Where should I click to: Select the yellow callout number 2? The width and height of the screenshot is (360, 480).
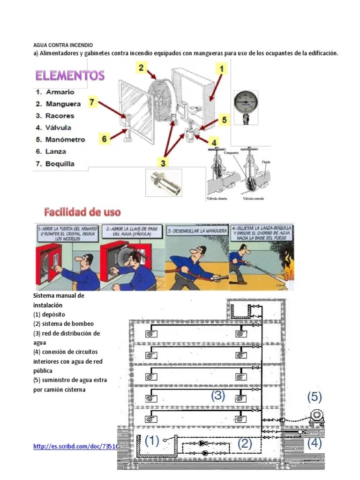click(x=141, y=68)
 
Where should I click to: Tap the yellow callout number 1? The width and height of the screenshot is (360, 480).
click(x=221, y=69)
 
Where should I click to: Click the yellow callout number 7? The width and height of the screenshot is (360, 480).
click(x=92, y=102)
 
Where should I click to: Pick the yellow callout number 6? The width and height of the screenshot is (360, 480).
click(x=105, y=138)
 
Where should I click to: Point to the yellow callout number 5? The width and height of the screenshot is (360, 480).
click(x=224, y=120)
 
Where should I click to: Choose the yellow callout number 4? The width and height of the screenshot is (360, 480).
click(x=213, y=142)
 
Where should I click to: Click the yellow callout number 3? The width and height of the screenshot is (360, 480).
click(x=163, y=163)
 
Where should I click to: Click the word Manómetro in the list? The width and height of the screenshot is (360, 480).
click(x=65, y=140)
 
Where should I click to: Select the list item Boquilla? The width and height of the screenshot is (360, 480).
click(x=60, y=164)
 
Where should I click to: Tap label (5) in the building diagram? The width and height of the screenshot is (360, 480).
click(x=314, y=397)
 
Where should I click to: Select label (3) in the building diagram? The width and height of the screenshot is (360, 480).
click(x=217, y=396)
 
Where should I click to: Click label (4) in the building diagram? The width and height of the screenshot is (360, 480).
click(x=314, y=443)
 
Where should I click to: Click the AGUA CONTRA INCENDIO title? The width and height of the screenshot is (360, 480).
click(x=63, y=45)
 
